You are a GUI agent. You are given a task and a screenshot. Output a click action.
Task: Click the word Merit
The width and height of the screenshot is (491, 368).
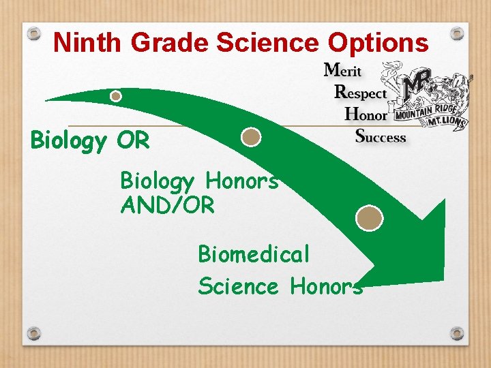(x=342, y=70)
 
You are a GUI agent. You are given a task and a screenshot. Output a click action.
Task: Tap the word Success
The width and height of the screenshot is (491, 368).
(x=381, y=136)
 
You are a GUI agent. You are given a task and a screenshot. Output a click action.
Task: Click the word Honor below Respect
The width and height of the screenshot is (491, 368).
(x=366, y=114)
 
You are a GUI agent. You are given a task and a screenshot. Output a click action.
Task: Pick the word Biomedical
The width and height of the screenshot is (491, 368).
(x=254, y=254)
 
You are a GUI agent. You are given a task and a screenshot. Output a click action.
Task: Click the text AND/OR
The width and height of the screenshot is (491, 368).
(x=167, y=205)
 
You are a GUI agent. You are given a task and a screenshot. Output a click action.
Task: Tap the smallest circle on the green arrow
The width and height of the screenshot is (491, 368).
(x=116, y=96)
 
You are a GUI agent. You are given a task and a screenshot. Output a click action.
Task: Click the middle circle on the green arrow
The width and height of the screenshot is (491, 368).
(x=252, y=137)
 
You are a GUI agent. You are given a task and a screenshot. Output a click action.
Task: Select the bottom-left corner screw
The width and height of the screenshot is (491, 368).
(x=33, y=333)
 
